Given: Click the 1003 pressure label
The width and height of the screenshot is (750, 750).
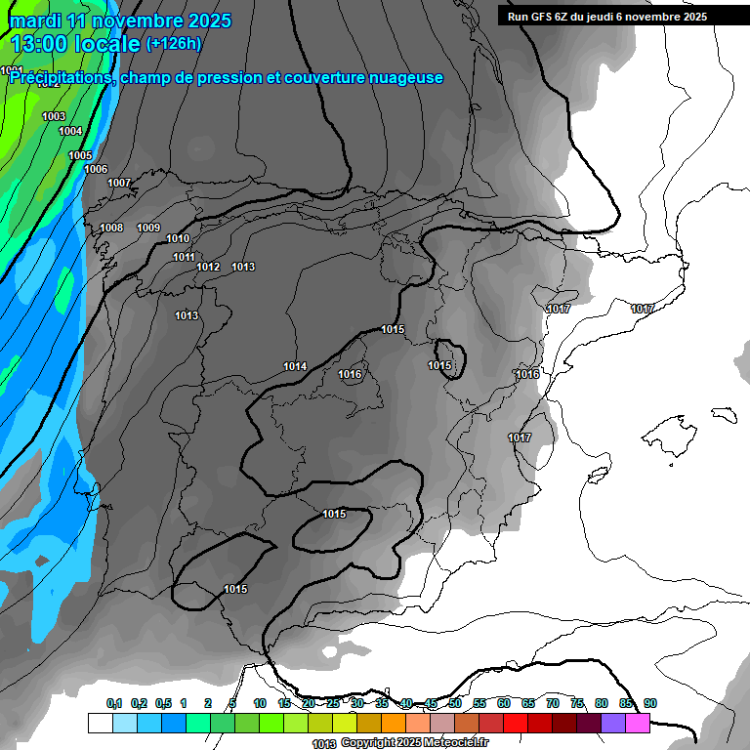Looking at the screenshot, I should tap(54, 116).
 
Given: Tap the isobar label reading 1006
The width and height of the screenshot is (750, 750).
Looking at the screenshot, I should tap(96, 169).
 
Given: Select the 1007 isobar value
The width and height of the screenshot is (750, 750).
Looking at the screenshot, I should tap(119, 183).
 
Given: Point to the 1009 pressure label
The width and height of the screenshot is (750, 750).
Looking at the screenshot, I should tap(148, 228).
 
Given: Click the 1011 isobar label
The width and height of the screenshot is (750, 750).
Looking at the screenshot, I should tap(184, 257).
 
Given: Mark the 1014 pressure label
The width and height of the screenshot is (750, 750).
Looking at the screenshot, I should tap(295, 366).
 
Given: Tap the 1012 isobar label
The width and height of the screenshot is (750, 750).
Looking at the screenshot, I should tap(208, 267).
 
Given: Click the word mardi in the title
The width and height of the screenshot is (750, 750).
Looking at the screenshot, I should tap(35, 21).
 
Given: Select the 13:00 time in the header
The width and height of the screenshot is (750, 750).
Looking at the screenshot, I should tap(45, 44).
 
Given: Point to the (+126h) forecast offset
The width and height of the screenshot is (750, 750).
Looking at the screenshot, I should tap(174, 44).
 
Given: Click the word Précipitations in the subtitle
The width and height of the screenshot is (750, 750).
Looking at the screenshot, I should tap(60, 78).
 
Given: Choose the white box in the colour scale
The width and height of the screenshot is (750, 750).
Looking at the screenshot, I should tap(100, 723).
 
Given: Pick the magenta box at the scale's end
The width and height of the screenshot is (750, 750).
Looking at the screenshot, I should tap(637, 723).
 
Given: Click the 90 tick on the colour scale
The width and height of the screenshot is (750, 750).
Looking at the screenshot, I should tap(650, 703).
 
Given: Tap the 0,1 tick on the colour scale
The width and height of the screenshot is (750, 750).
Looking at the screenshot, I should tap(114, 703).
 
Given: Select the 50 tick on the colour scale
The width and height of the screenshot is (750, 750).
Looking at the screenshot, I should tap(455, 703).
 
